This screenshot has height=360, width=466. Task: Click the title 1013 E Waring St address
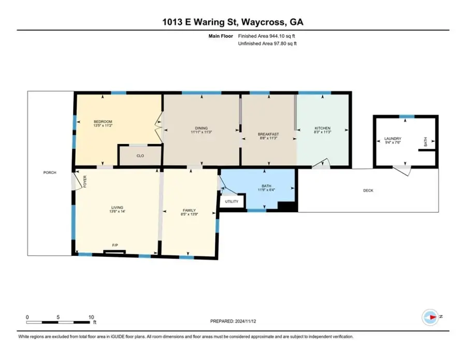232,22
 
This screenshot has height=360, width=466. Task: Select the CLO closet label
140,155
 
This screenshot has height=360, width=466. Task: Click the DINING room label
201,128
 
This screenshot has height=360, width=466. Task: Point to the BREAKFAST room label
268,134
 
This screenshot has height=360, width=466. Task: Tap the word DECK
368,191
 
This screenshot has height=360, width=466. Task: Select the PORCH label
49,172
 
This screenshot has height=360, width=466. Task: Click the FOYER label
85,181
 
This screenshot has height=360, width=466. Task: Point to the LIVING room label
116,207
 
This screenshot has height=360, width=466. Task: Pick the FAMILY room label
188,210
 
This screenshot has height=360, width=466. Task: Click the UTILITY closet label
231,201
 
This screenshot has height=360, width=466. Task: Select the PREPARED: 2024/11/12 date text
232,321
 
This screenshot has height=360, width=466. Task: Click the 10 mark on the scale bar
91,317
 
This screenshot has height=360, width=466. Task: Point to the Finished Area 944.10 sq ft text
267,36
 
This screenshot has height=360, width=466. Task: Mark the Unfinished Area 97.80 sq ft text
267,44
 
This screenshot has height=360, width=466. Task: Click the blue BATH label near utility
267,185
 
